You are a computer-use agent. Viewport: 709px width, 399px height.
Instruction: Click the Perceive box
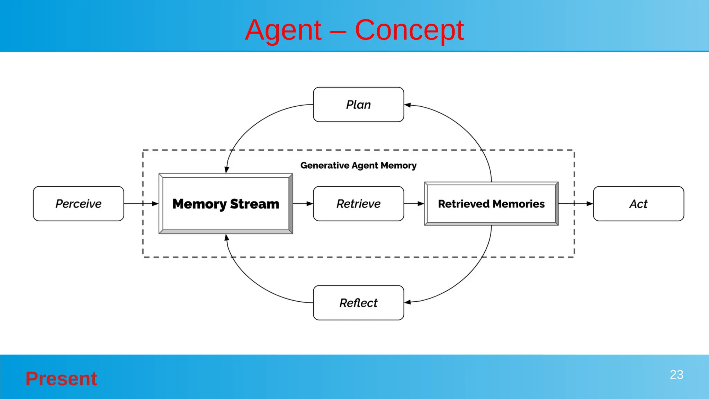click(79, 204)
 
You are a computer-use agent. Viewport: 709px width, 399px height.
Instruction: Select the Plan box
click(358, 105)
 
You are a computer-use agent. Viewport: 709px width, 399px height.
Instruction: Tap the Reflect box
click(358, 303)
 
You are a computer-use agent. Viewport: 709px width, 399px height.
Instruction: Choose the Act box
click(638, 204)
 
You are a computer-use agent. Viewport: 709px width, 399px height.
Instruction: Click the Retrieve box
click(358, 204)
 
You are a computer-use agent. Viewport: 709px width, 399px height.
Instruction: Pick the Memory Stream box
click(226, 204)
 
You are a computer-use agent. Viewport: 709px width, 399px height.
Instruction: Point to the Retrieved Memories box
click(491, 204)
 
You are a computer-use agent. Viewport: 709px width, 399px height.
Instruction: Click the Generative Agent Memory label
click(358, 166)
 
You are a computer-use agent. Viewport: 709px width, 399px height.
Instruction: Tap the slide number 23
click(676, 375)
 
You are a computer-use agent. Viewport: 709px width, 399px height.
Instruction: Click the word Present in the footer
click(61, 379)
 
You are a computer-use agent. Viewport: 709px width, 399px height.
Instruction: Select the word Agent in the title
click(283, 30)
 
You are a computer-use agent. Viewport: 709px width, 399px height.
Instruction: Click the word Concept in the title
click(409, 30)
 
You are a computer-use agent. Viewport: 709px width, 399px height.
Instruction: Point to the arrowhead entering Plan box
click(408, 105)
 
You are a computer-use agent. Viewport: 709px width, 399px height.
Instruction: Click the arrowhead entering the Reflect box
click(408, 302)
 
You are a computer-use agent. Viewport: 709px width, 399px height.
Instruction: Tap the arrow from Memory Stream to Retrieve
click(303, 204)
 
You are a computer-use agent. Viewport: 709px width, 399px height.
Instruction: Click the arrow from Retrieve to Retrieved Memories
click(414, 204)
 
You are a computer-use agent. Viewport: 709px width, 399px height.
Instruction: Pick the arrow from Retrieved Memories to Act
click(575, 204)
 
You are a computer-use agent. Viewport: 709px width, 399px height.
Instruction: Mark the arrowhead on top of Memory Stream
click(226, 170)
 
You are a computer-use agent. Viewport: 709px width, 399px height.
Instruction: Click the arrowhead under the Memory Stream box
click(226, 238)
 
